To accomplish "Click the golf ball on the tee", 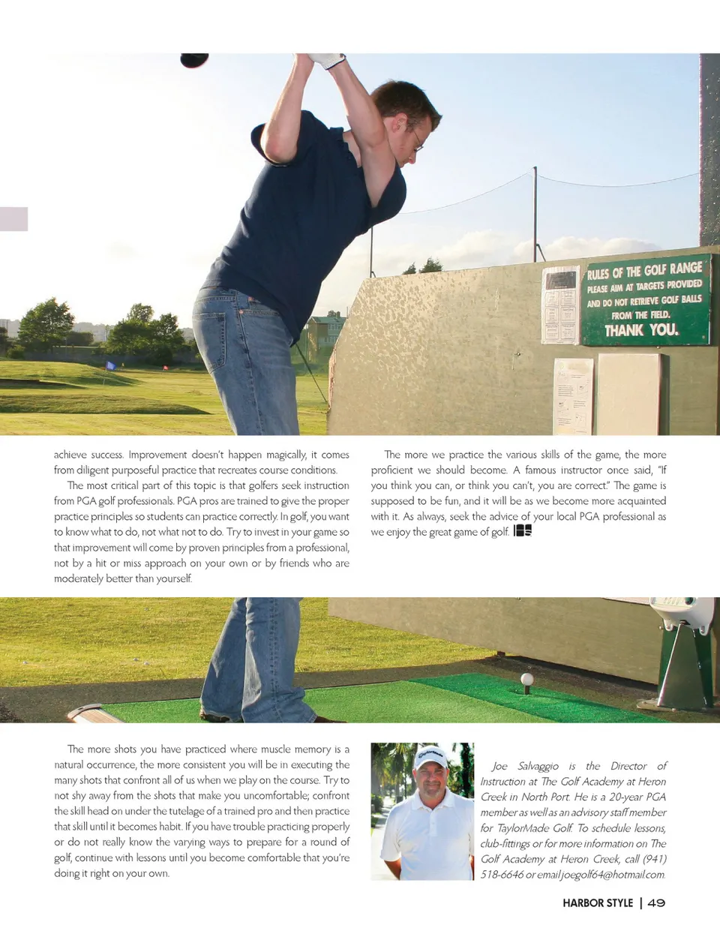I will click(x=527, y=679).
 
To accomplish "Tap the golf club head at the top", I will click(x=194, y=60).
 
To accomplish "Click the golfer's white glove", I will click(x=328, y=60).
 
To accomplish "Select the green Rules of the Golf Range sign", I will click(x=646, y=299).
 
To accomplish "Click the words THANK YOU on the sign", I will click(x=641, y=329).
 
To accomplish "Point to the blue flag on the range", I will click(x=112, y=366).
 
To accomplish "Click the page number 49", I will click(x=656, y=902).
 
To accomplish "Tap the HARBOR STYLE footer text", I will click(x=598, y=902).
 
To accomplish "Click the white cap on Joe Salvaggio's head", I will click(x=430, y=757).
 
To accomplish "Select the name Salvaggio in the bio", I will click(x=538, y=766).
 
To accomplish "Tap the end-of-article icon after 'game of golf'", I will click(x=523, y=531).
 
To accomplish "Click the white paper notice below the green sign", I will click(x=573, y=396).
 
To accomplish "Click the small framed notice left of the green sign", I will click(x=560, y=305).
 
